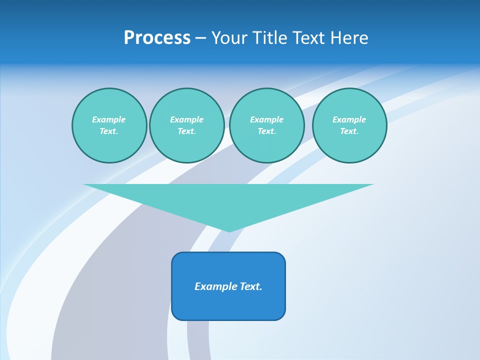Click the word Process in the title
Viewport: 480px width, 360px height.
(x=157, y=38)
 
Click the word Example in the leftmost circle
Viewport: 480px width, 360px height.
(x=109, y=120)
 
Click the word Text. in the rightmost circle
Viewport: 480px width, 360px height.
(x=349, y=131)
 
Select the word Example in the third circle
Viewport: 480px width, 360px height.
(x=266, y=120)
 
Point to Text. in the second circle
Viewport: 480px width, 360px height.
(x=186, y=131)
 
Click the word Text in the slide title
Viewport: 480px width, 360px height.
(x=306, y=38)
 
